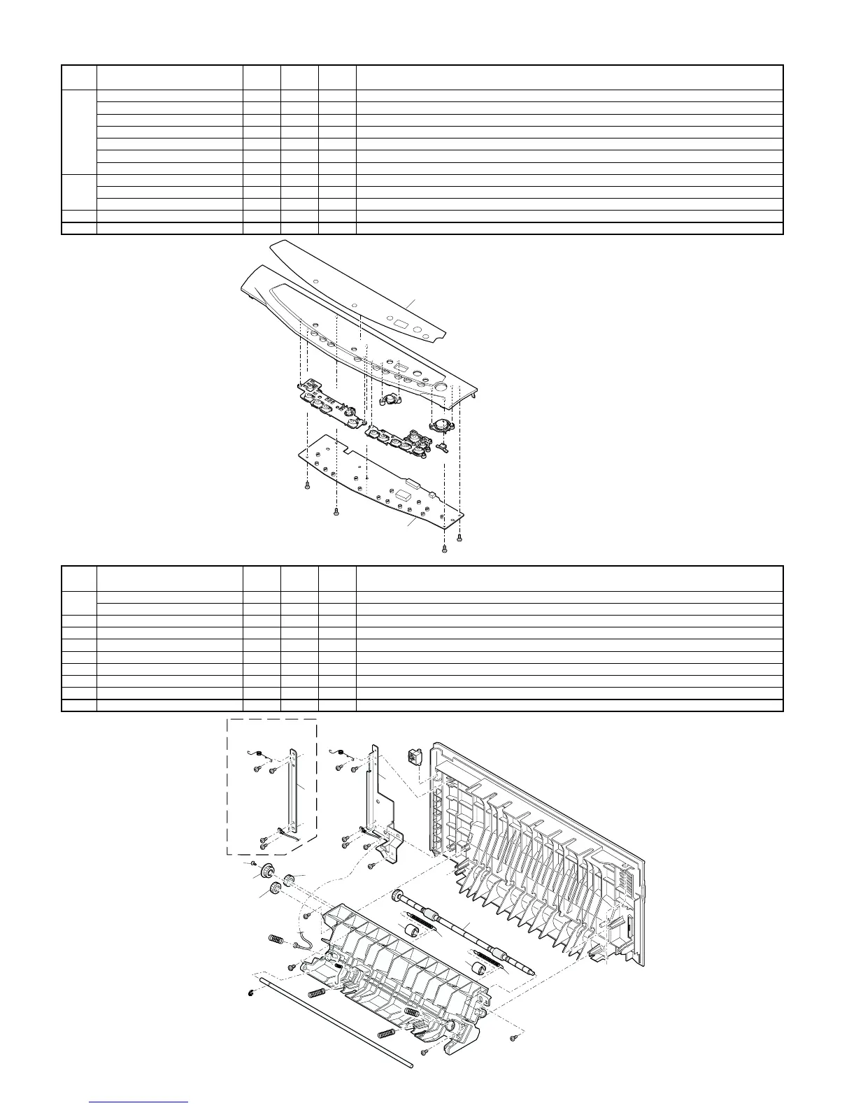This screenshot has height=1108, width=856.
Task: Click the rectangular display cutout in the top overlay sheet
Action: [401, 325]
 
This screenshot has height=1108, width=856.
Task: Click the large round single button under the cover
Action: [440, 425]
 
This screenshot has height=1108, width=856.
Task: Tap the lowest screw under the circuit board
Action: [443, 548]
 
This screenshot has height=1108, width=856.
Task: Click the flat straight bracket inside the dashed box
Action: [295, 794]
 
